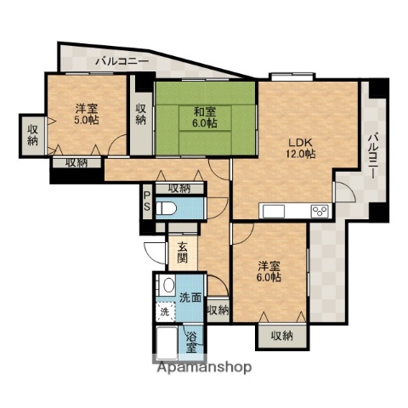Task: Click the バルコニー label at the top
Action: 122,61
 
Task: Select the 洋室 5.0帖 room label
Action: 85,114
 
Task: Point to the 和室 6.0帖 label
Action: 204,116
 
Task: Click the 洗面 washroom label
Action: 190,297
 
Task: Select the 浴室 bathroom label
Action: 193,341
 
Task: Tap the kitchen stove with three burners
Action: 320,211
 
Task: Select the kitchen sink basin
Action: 277,211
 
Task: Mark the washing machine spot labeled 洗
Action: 166,312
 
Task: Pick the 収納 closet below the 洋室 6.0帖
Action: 281,336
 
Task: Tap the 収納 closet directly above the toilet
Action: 178,188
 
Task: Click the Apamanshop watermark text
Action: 204,368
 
